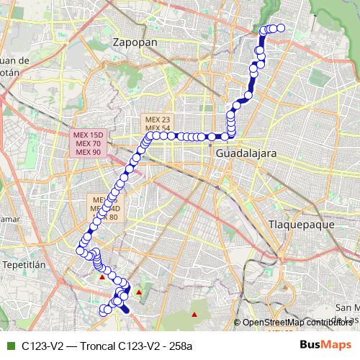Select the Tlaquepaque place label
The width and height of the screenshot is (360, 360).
click(302, 224)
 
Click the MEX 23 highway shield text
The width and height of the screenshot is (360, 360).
click(157, 120)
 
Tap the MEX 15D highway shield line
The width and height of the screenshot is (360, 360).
click(88, 135)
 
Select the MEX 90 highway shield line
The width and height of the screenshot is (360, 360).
click(88, 151)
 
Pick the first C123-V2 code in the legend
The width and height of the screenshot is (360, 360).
click(40, 346)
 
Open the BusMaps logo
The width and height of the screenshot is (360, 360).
click(327, 345)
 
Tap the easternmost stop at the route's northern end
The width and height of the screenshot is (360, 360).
click(282, 28)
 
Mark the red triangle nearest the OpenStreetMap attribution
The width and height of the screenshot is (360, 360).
click(194, 314)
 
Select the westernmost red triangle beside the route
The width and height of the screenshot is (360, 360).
click(102, 276)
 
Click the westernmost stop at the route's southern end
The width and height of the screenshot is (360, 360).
click(102, 311)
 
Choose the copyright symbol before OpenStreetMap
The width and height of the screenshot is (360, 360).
click(238, 323)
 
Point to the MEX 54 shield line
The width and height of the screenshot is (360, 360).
click(157, 128)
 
